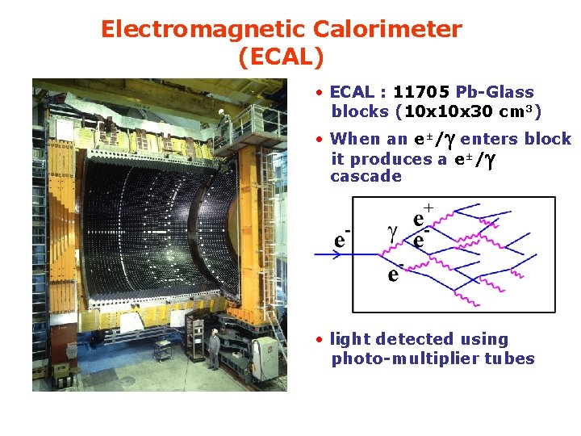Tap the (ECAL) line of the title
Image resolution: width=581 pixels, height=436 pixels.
pyautogui.click(x=281, y=57)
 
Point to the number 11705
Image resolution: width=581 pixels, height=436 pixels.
pyautogui.click(x=422, y=93)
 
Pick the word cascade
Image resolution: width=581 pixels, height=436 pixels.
pyautogui.click(x=366, y=176)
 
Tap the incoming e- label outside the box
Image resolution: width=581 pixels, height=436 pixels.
pyautogui.click(x=342, y=239)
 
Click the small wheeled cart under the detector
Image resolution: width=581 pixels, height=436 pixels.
pyautogui.click(x=163, y=352)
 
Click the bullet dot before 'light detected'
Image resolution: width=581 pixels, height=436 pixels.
pyautogui.click(x=320, y=339)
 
